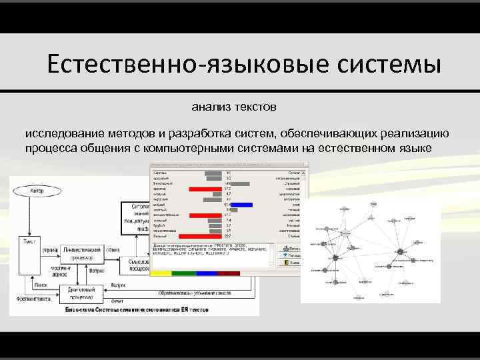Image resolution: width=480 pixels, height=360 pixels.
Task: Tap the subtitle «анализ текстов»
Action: (233, 106)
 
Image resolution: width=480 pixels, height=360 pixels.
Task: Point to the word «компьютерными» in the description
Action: (189, 148)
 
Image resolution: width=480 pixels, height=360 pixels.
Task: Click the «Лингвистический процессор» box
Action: (78, 252)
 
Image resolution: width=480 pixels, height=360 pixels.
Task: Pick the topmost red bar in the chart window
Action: (205, 189)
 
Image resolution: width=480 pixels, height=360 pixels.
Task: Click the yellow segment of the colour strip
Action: (162, 273)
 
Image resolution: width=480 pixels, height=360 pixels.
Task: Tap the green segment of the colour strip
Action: (185, 273)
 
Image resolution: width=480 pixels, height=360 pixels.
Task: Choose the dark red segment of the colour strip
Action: (229, 273)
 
